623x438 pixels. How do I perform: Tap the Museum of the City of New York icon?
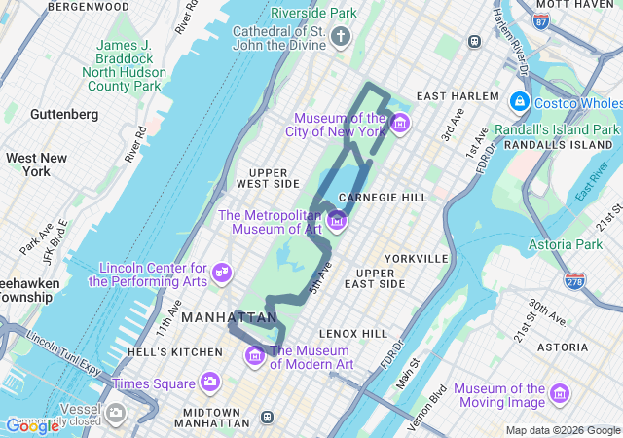400,124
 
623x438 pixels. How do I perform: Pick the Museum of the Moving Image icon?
560,394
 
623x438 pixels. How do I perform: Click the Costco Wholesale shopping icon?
519,102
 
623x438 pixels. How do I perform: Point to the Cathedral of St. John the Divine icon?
340,38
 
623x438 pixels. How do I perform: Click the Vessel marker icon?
117,412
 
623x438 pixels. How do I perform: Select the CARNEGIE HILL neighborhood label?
383,197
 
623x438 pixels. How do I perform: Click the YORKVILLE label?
416,259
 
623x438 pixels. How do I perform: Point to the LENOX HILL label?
353,333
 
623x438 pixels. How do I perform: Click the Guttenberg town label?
64,114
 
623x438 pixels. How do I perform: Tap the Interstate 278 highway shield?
574,280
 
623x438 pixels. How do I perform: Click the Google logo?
32,425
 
